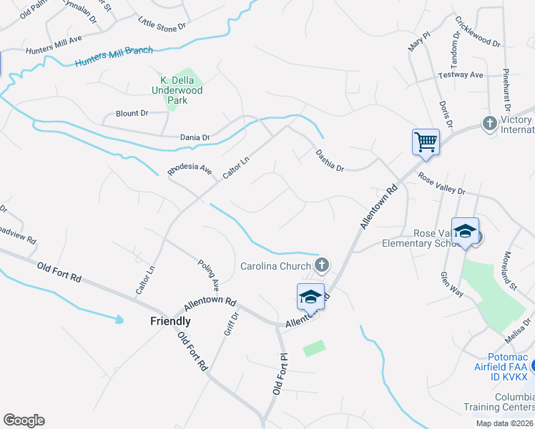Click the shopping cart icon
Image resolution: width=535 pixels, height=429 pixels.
point(426,142)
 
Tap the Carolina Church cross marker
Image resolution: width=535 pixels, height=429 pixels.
point(322,266)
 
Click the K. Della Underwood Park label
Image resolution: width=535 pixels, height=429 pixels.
point(177,91)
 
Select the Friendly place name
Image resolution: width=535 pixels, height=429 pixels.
point(170,321)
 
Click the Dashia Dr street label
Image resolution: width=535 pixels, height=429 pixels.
point(330,159)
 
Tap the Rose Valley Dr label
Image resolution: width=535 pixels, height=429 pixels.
point(441,186)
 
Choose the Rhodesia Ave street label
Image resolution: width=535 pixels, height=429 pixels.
point(190,170)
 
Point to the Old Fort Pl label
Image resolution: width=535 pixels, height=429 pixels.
point(278,375)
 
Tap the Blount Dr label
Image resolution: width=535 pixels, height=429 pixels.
point(132,113)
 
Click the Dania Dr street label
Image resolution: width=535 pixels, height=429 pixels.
point(195,137)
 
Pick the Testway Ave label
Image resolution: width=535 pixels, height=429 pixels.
point(461,75)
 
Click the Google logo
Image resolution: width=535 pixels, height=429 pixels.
point(24,420)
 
